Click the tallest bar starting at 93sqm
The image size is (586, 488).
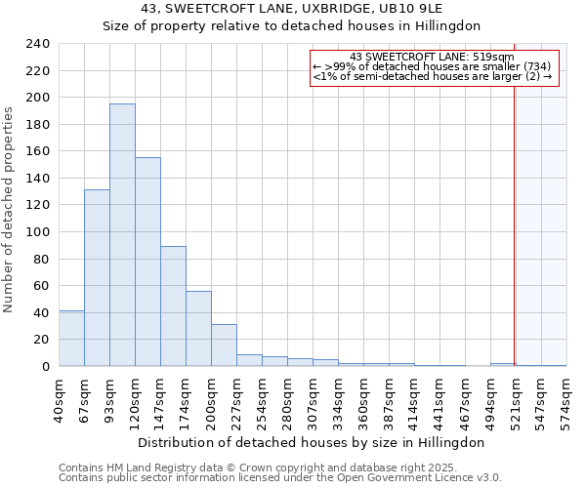click(122, 234)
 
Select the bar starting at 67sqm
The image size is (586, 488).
click(97, 278)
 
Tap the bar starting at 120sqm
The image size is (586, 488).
click(147, 262)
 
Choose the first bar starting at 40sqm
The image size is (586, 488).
click(71, 338)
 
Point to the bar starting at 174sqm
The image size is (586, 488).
click(198, 328)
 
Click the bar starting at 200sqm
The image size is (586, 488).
click(224, 345)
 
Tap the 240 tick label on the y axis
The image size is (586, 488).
click(38, 44)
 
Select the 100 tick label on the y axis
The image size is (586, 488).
click(38, 231)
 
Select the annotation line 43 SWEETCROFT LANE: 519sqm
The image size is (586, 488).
click(432, 58)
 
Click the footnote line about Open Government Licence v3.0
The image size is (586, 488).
click(279, 478)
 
